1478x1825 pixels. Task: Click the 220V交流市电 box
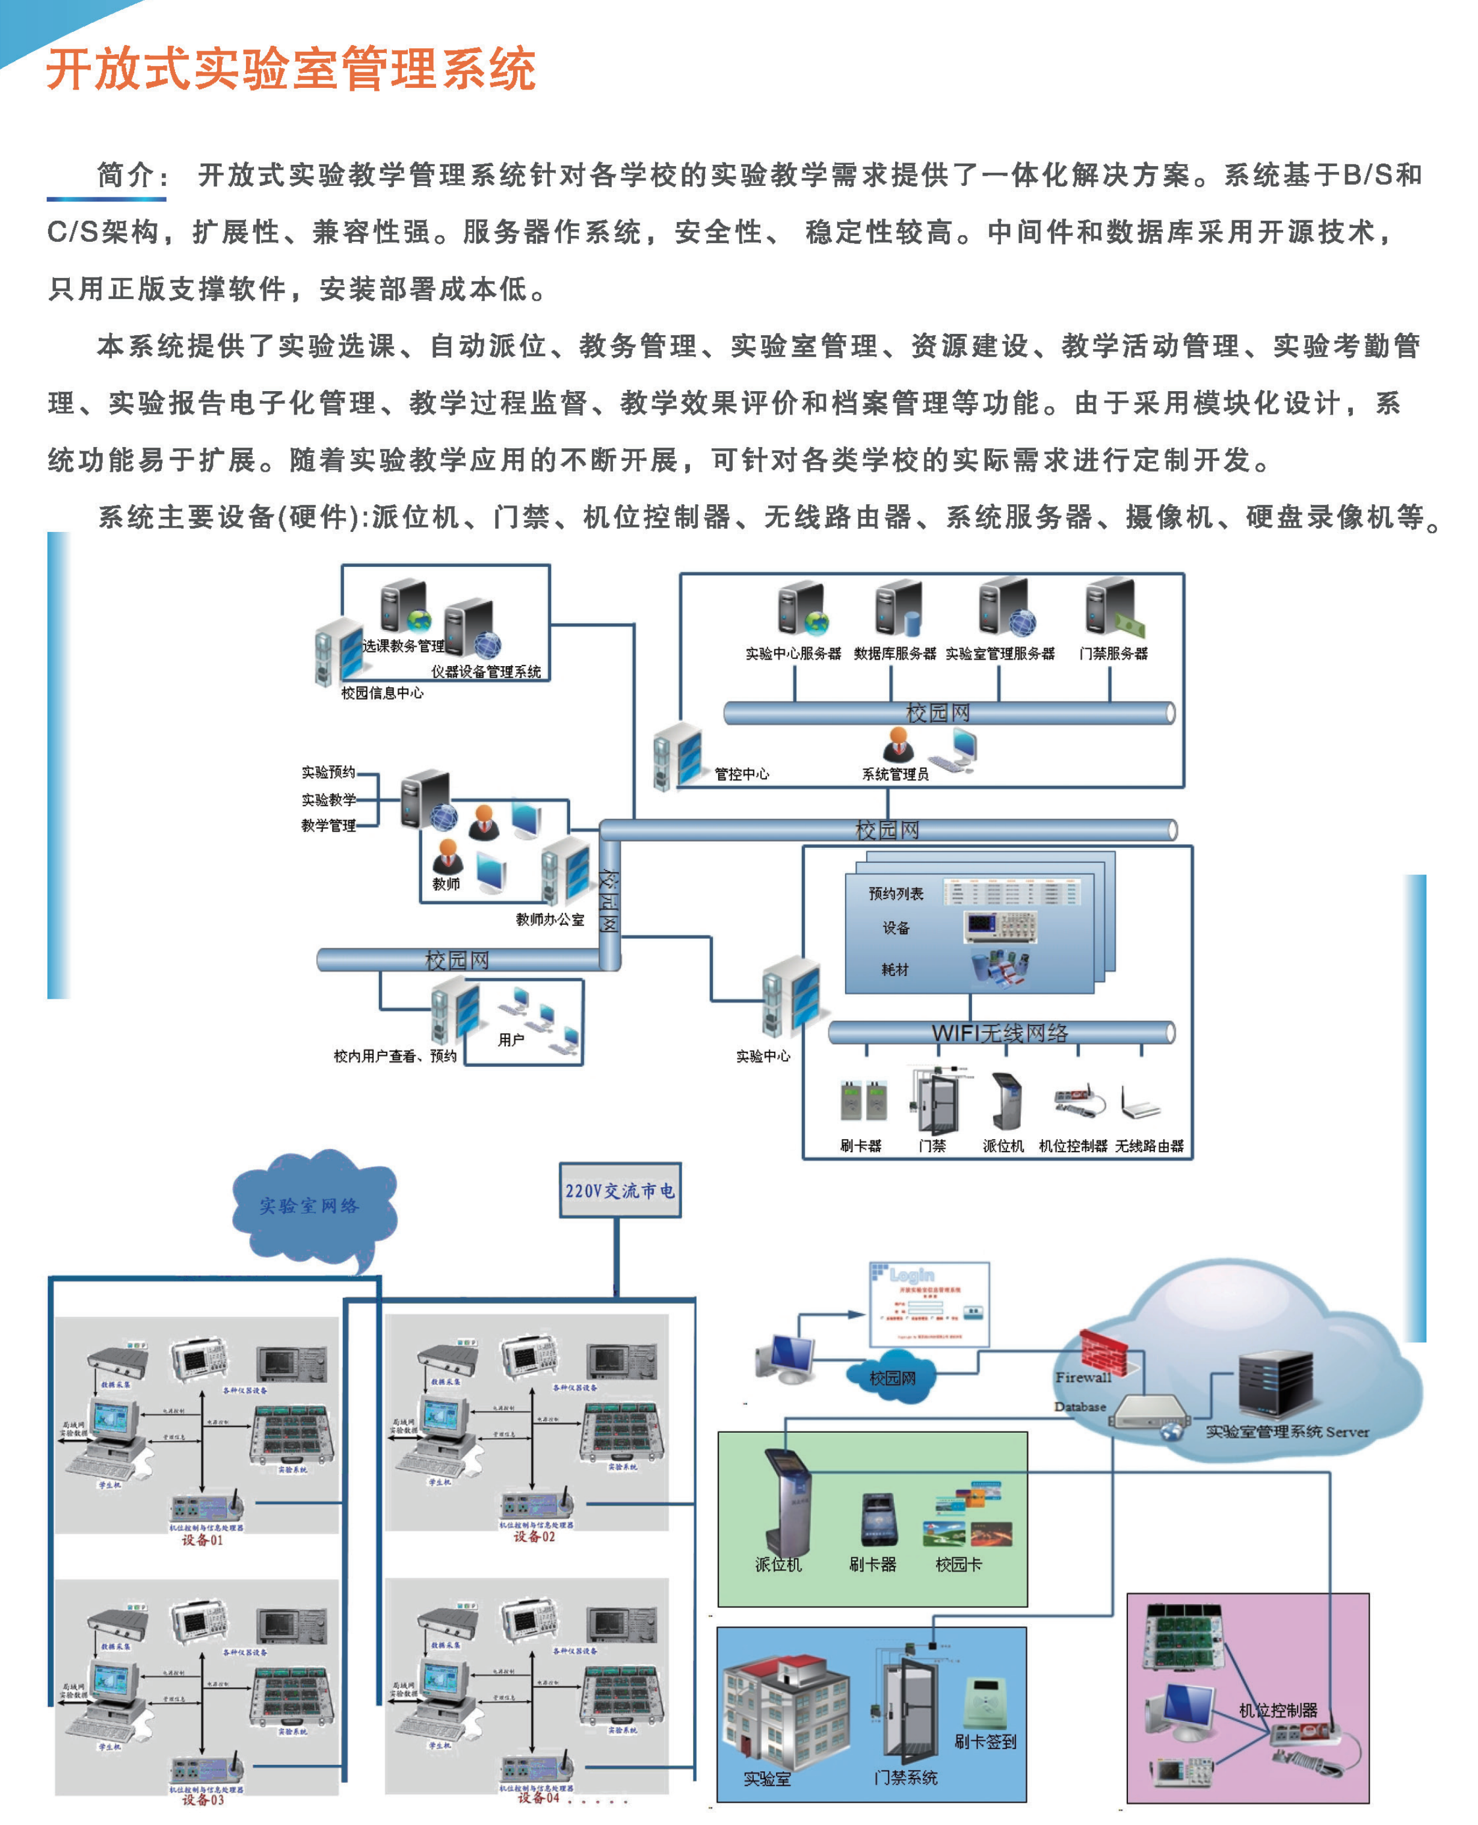click(x=620, y=1190)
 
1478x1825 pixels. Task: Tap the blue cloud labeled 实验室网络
click(x=311, y=1205)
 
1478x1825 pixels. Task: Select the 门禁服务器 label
click(x=1113, y=653)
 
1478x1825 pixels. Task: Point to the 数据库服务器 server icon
click(x=898, y=607)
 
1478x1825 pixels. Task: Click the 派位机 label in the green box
click(x=778, y=1564)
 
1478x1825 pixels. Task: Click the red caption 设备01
click(x=203, y=1540)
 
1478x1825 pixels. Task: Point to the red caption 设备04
click(x=538, y=1798)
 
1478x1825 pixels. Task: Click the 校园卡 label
click(x=959, y=1564)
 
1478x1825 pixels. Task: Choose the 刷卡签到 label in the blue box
click(x=985, y=1741)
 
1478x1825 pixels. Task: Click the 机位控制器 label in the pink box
click(x=1277, y=1710)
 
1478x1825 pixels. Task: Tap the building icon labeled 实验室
click(x=785, y=1710)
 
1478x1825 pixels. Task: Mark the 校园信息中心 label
click(x=382, y=693)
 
